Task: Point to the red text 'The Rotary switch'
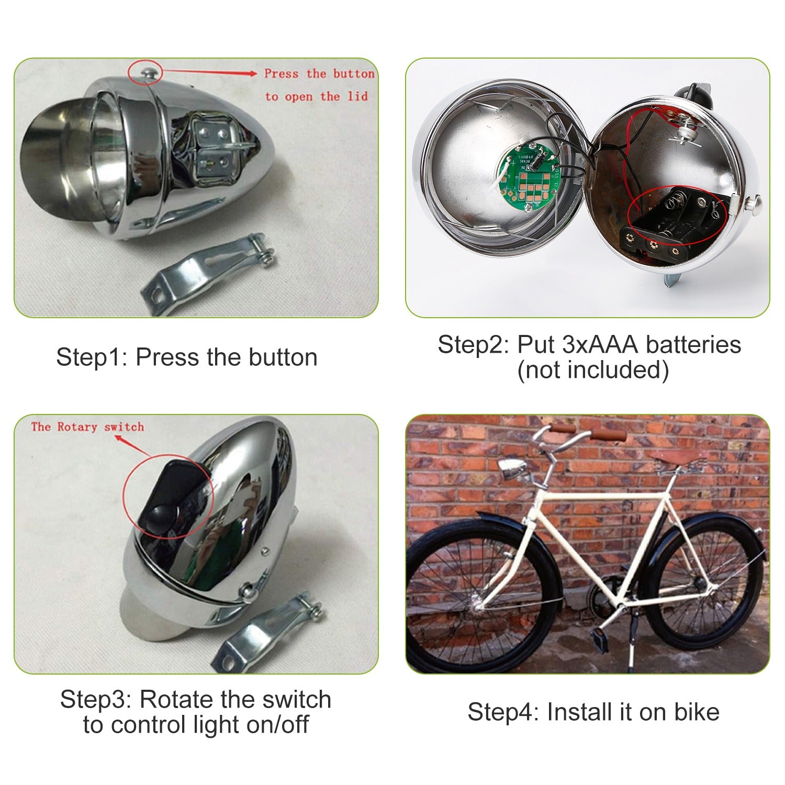pos(87,427)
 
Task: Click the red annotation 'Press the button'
pos(319,74)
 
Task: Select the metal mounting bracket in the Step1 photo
pos(209,272)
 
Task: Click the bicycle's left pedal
pos(598,637)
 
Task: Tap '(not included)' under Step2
pos(592,370)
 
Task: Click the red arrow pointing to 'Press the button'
pos(209,73)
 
